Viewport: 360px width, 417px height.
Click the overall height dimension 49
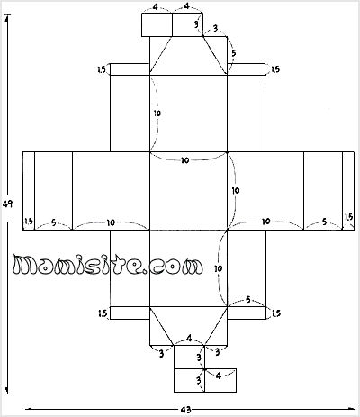(7, 204)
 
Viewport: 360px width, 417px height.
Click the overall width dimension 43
(186, 410)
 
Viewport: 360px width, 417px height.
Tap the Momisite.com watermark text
(108, 266)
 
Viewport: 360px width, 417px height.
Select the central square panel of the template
(188, 191)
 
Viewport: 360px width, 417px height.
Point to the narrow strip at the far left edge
(29, 191)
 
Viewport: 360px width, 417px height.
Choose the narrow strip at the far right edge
(348, 191)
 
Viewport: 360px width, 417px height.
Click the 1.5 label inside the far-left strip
(29, 222)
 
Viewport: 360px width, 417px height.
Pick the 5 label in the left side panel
(54, 222)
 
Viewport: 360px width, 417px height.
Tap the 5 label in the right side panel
(324, 222)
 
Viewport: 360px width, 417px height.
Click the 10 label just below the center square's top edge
(185, 160)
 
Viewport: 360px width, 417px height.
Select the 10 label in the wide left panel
(111, 222)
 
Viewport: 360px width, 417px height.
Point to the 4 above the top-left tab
(156, 7)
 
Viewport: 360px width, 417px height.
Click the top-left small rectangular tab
(157, 24)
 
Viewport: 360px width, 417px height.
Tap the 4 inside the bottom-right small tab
(219, 376)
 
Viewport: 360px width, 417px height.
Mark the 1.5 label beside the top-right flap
(275, 69)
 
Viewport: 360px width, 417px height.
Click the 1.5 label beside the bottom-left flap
(103, 313)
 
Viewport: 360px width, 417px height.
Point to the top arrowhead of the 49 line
(7, 15)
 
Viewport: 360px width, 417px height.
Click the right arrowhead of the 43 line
(353, 409)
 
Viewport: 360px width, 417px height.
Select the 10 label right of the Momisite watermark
(219, 268)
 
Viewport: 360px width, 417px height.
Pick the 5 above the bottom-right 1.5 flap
(247, 300)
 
